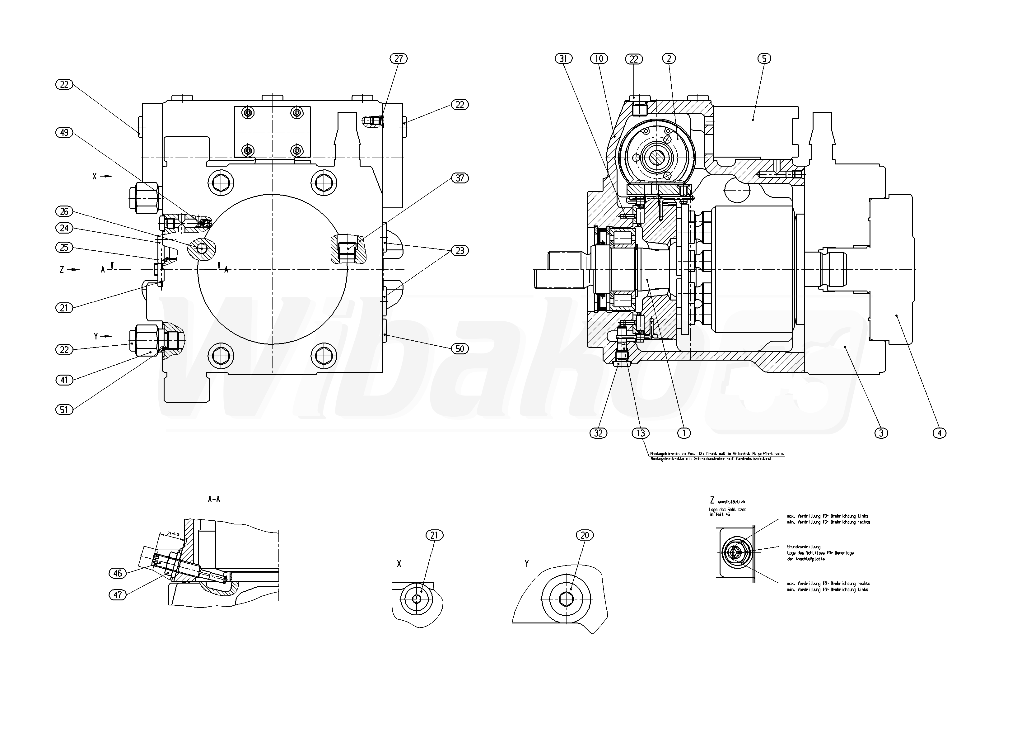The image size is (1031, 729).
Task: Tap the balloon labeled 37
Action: point(460,178)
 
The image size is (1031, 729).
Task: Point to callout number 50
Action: point(460,349)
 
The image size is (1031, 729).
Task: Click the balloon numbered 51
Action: point(64,409)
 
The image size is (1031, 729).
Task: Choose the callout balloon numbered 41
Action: point(64,380)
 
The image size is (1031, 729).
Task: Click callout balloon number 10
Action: point(599,59)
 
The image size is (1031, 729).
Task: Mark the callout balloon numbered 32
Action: point(598,433)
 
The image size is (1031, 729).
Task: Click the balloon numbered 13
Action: point(640,433)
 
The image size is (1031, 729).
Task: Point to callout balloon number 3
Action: point(881,433)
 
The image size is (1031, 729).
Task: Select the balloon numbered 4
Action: point(940,433)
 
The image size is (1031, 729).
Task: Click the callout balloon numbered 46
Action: point(118,573)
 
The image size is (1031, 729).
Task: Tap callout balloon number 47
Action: point(118,594)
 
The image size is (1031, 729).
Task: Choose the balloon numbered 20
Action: point(585,535)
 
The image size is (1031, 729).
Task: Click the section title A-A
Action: point(214,499)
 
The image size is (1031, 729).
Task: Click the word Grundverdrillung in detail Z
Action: point(804,547)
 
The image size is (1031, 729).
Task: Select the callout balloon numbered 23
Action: point(460,251)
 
